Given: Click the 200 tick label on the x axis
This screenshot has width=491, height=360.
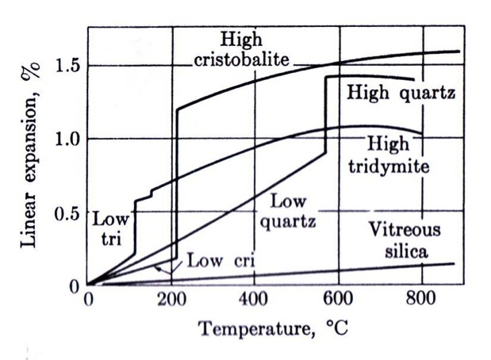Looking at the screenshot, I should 171,299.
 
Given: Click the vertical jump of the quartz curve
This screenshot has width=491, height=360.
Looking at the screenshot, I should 325,115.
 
